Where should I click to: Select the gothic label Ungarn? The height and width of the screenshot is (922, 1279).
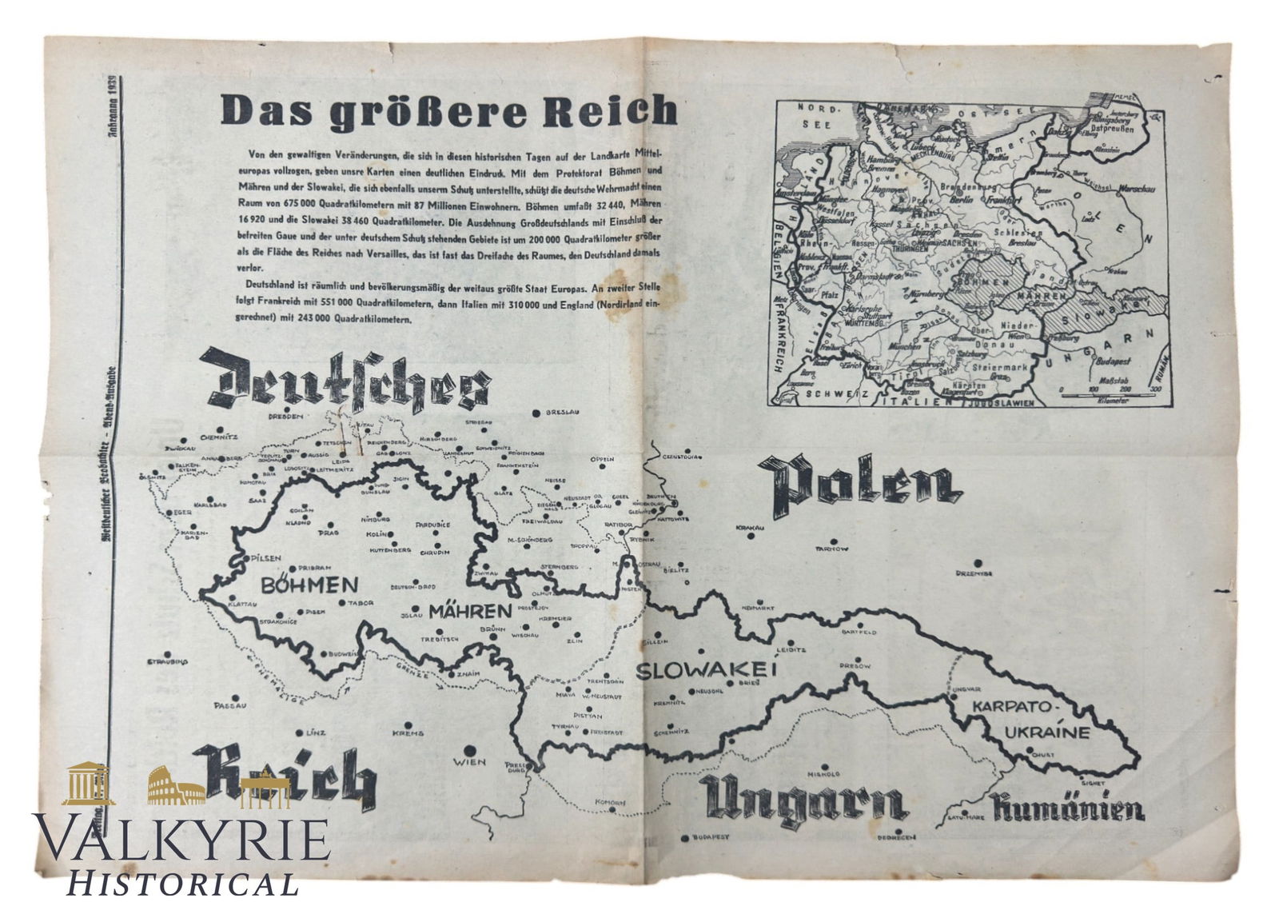pyautogui.click(x=803, y=803)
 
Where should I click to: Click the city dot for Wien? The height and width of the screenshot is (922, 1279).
pyautogui.click(x=470, y=748)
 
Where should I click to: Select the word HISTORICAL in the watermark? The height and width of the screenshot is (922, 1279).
pyautogui.click(x=182, y=884)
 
